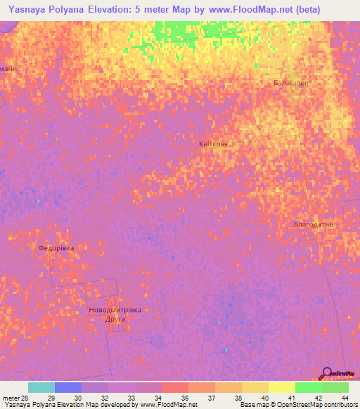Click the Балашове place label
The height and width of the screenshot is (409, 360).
pyautogui.click(x=290, y=83)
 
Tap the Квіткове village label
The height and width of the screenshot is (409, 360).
pyautogui.click(x=214, y=143)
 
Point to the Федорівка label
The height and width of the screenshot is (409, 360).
pyautogui.click(x=56, y=248)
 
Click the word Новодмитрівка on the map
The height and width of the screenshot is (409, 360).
pyautogui.click(x=115, y=310)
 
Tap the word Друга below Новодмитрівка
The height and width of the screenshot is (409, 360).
pyautogui.click(x=115, y=319)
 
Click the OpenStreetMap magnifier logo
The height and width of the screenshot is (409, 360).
pyautogui.click(x=326, y=373)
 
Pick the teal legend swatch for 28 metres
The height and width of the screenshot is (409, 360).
pyautogui.click(x=41, y=387)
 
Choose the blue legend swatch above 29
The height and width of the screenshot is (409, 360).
pyautogui.click(x=68, y=387)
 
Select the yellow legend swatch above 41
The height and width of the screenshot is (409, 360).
pyautogui.click(x=282, y=387)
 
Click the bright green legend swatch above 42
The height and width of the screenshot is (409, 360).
pyautogui.click(x=309, y=387)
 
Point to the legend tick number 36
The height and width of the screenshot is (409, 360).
pyautogui.click(x=184, y=398)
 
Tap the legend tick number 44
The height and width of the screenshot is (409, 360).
pyautogui.click(x=344, y=398)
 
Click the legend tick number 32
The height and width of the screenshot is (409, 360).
pyautogui.click(x=104, y=398)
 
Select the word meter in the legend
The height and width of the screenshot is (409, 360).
pyautogui.click(x=12, y=398)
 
